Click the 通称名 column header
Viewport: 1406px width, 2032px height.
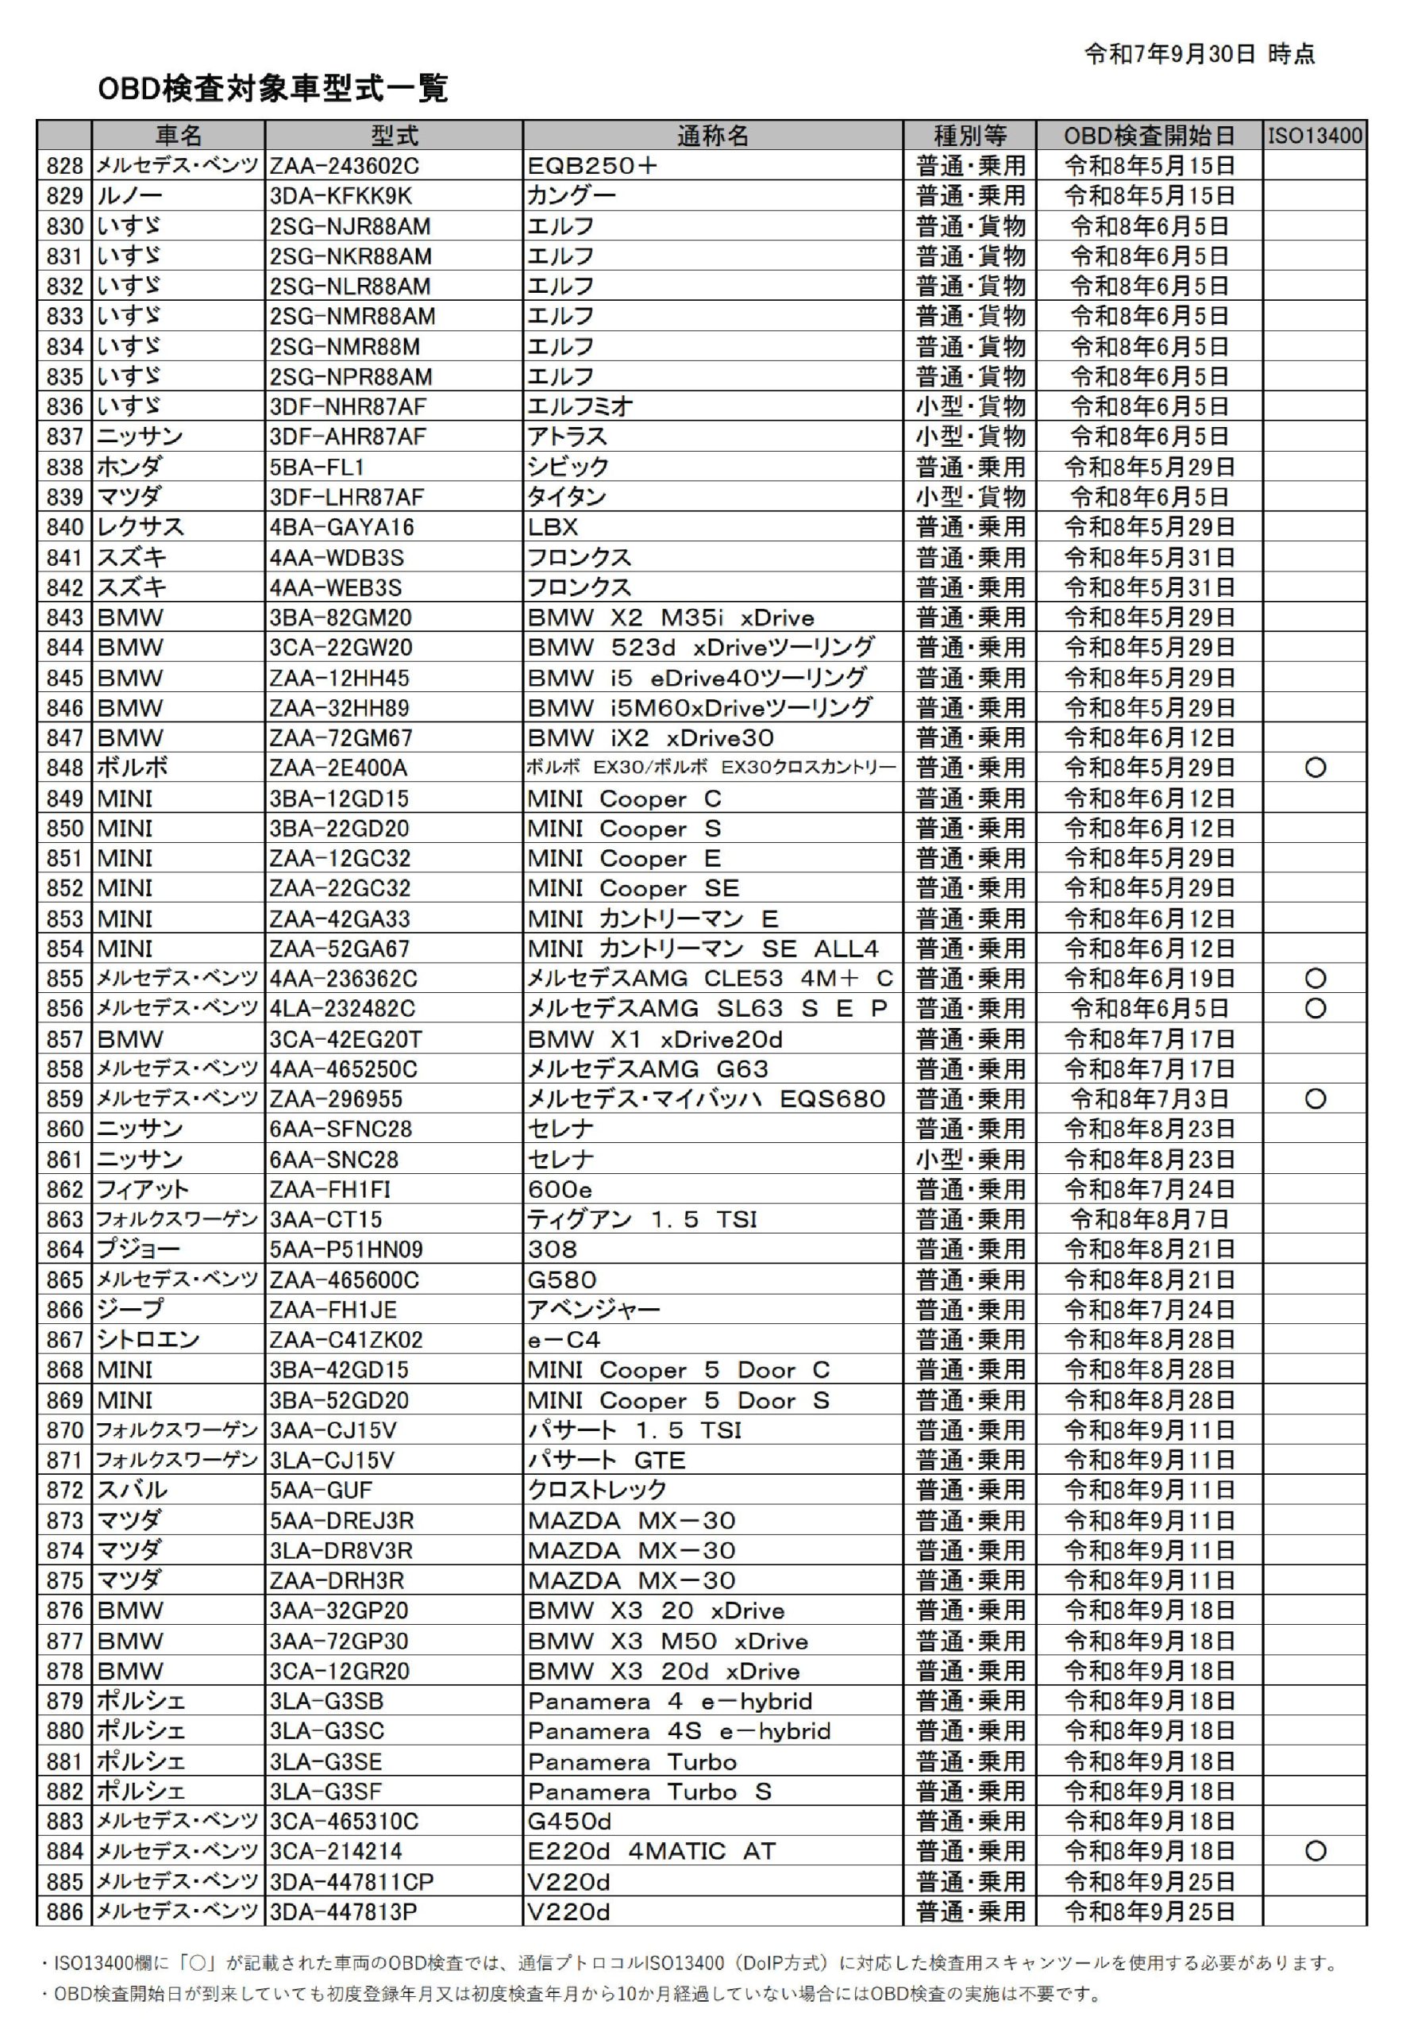coord(712,136)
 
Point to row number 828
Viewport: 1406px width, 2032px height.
coord(64,166)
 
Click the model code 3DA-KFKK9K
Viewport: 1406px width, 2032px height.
coord(341,195)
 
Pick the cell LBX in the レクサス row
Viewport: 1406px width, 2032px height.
coord(553,527)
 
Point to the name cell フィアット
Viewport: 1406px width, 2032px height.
coord(143,1189)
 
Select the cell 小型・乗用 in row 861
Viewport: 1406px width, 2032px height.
coord(970,1159)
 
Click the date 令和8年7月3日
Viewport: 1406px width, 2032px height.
coord(1149,1099)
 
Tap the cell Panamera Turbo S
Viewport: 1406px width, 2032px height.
coord(649,1791)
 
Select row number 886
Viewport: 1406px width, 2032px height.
coord(64,1911)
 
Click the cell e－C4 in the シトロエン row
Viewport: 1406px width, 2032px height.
coord(564,1340)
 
